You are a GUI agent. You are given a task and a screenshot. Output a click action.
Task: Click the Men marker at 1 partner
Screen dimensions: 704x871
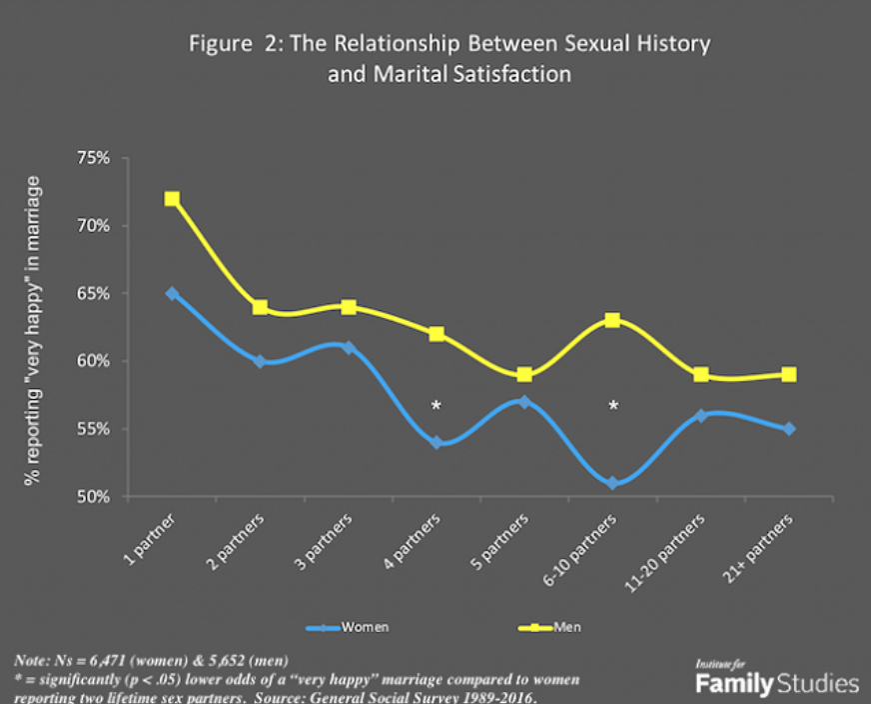pos(173,199)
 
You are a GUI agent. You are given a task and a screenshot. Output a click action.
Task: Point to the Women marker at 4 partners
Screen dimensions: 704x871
pos(436,442)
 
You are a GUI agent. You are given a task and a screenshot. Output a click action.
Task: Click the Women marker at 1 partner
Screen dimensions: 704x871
pos(173,294)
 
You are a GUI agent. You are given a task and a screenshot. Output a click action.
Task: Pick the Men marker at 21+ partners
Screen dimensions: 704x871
pos(789,375)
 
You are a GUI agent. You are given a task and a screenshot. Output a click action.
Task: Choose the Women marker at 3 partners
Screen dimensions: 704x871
pos(349,348)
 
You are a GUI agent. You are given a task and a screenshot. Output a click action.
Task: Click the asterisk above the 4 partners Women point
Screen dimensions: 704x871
pos(436,406)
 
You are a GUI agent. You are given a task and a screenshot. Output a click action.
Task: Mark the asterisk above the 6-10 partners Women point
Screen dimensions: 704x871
pos(613,406)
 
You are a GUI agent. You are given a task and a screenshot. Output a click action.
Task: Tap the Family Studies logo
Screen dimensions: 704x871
pos(776,679)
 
